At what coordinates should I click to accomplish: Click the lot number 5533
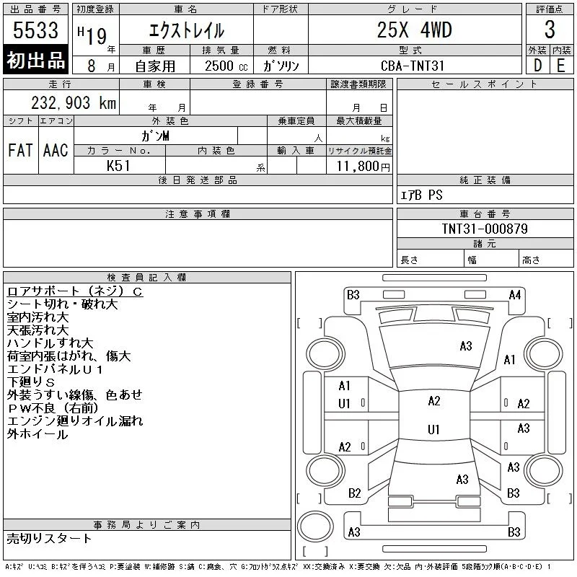(x=35, y=30)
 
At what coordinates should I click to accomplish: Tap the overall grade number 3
(x=550, y=30)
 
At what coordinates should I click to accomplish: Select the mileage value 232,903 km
(x=74, y=102)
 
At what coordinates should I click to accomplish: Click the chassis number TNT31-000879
(x=485, y=229)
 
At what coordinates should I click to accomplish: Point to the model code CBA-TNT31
(x=413, y=66)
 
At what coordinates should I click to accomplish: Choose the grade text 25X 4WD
(x=414, y=30)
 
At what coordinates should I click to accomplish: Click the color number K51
(x=118, y=166)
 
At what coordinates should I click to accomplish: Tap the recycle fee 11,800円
(x=363, y=167)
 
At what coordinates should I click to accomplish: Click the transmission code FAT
(x=20, y=150)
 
